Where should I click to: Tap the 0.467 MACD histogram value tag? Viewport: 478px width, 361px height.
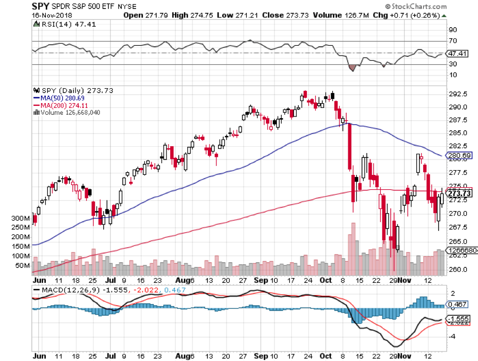tap(458, 304)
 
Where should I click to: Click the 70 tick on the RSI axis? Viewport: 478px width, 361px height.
tap(453, 41)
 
